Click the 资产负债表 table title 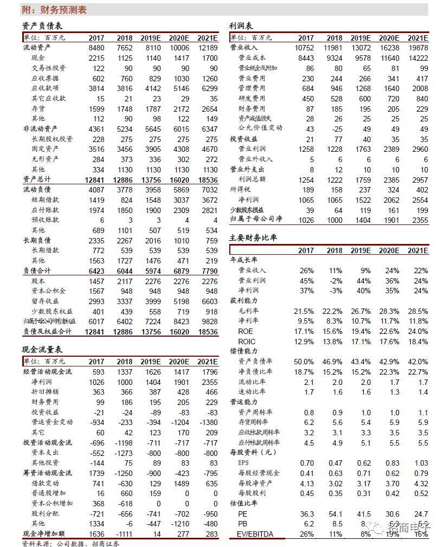tap(42, 26)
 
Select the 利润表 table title tap(241, 26)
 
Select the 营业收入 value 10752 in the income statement tap(304, 48)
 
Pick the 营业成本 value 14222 tap(417, 58)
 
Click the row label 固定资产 tap(45, 149)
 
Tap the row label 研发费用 tap(252, 99)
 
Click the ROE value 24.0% tap(417, 331)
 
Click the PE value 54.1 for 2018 tap(334, 514)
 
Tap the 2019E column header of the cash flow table tap(151, 362)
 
